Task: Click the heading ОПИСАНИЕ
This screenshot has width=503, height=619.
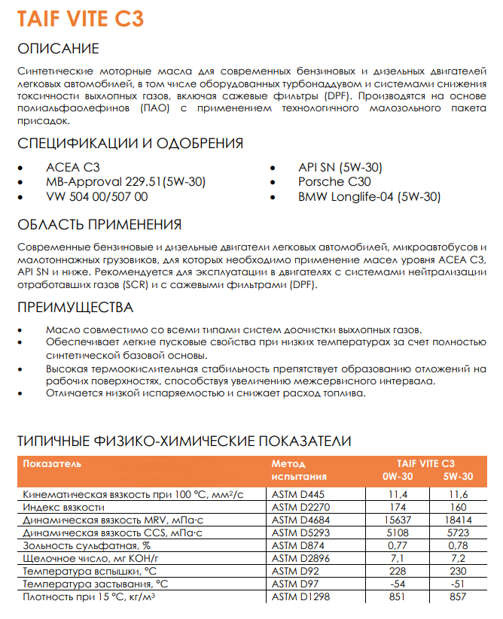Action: click(58, 49)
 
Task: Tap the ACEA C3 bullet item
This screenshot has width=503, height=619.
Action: click(72, 167)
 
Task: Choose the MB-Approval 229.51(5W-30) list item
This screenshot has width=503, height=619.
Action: click(126, 182)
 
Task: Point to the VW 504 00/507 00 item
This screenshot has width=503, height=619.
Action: click(97, 197)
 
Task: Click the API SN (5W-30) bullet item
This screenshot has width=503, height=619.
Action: click(340, 167)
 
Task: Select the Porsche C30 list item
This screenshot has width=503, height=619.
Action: click(334, 182)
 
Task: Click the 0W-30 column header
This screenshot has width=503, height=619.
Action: click(398, 477)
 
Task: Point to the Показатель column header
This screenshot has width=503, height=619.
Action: click(52, 463)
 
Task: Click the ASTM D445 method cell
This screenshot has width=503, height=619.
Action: click(300, 494)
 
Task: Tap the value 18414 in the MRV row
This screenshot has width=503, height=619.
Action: click(458, 520)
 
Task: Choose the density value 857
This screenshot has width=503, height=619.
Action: click(458, 596)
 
